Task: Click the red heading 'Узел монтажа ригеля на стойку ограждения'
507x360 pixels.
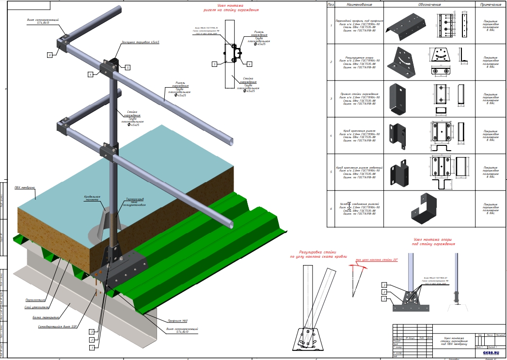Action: tap(230, 7)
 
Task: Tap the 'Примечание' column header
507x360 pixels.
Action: tap(491, 4)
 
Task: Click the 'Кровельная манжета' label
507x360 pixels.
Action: tap(92, 198)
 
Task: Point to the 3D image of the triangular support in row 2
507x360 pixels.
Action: tap(402, 62)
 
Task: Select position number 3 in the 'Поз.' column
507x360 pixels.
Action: tap(331, 99)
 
